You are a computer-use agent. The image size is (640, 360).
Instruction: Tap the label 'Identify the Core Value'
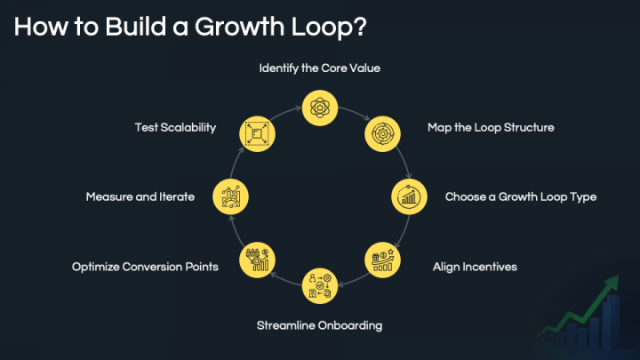point(320,68)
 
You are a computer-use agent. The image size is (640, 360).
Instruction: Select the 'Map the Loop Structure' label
point(491,127)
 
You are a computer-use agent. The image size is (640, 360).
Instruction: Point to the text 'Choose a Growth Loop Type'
point(521,196)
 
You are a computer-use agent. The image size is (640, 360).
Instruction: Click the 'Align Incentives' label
point(475,266)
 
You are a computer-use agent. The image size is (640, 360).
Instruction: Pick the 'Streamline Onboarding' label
point(319,325)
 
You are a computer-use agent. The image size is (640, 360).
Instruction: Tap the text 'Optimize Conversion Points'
point(145,266)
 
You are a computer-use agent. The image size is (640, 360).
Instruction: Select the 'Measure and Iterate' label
point(140,196)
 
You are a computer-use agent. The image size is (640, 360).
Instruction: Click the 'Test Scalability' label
point(175,127)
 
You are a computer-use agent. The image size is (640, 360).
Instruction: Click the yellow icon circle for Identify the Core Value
point(319,107)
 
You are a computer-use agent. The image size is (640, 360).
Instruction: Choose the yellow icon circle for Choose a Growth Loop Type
point(410,196)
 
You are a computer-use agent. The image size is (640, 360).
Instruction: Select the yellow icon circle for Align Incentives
point(383,260)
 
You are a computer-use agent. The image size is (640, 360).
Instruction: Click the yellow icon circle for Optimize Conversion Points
point(257,260)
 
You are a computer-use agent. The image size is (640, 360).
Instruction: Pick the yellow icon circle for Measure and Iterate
point(230,196)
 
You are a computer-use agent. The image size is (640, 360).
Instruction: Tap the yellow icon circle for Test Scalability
point(257,133)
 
